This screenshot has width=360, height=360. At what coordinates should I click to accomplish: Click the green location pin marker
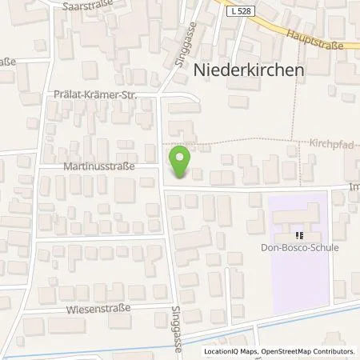[x=181, y=162]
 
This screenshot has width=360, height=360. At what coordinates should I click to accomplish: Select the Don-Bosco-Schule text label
[x=300, y=248]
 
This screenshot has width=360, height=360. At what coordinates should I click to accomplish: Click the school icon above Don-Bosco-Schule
[x=300, y=235]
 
